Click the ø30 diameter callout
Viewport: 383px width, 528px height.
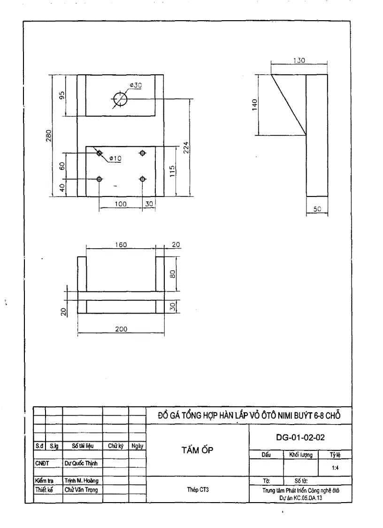[136, 85]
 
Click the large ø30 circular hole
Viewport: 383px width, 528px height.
[120, 99]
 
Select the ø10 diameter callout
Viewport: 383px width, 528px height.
[115, 158]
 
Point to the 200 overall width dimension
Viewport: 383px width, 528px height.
[121, 329]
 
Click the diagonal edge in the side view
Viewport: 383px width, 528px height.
[289, 105]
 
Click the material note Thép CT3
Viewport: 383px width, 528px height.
[199, 489]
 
